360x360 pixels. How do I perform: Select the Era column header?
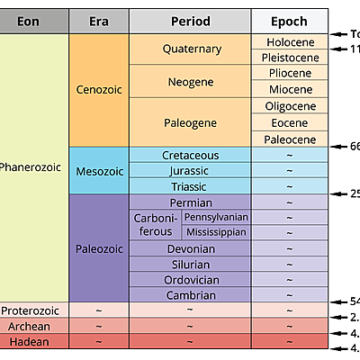(99, 22)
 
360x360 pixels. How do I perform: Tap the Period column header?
(190, 22)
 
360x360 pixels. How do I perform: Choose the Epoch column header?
(288, 22)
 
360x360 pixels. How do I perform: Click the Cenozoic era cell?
(99, 90)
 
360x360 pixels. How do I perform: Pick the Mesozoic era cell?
(99, 171)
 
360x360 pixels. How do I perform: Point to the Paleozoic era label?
(99, 247)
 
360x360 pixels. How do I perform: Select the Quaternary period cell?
(190, 49)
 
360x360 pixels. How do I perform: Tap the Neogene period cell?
(190, 82)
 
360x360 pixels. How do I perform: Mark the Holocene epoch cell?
(289, 41)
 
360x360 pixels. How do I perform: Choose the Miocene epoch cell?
(289, 90)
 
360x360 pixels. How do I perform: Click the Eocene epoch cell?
(289, 122)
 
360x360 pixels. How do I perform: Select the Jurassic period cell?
(190, 171)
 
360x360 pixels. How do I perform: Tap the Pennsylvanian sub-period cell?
(216, 218)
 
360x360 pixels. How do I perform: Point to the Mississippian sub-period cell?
(216, 232)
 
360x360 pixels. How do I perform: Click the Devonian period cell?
(190, 248)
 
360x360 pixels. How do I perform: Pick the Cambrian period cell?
(190, 294)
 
